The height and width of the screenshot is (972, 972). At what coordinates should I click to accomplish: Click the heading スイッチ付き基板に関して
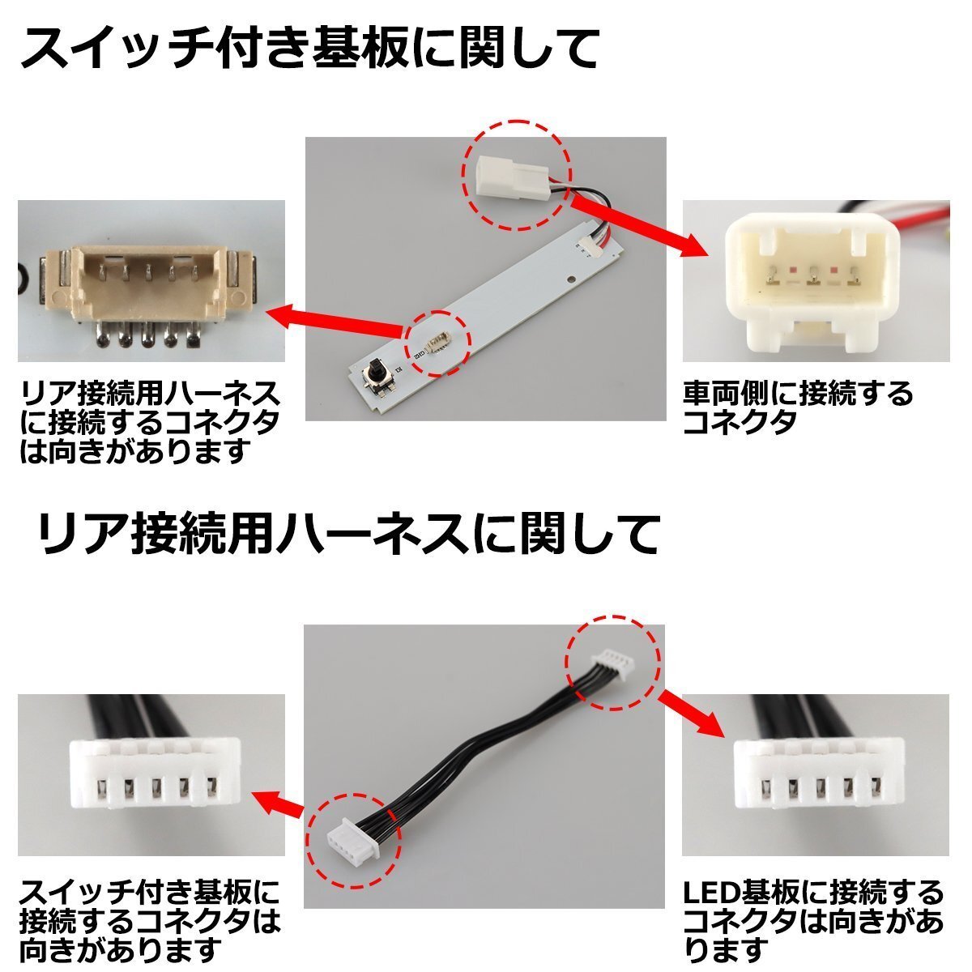pyautogui.click(x=308, y=49)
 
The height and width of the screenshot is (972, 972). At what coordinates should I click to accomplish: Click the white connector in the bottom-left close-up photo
pyautogui.click(x=150, y=774)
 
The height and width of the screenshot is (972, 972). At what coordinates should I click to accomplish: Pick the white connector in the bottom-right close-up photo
pyautogui.click(x=818, y=774)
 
